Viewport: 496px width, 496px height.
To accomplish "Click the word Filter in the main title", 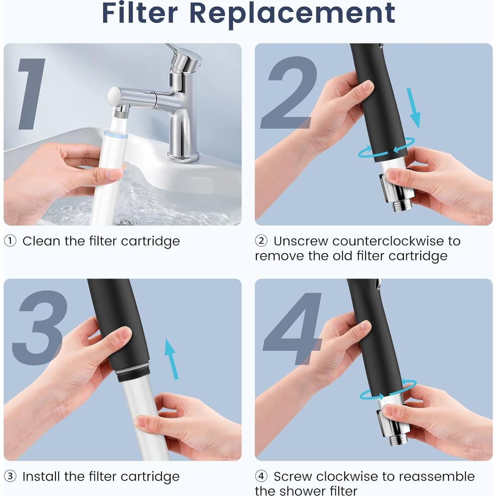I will pyautogui.click(x=139, y=13).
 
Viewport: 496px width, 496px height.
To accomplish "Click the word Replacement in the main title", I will pyautogui.click(x=292, y=14).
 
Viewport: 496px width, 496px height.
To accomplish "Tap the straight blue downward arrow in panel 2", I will pyautogui.click(x=414, y=108).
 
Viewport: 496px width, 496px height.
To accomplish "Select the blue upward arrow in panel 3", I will pyautogui.click(x=171, y=359).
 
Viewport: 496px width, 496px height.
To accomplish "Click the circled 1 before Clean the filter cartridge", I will pyautogui.click(x=10, y=241).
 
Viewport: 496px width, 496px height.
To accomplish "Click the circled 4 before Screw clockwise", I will pyautogui.click(x=261, y=476).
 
